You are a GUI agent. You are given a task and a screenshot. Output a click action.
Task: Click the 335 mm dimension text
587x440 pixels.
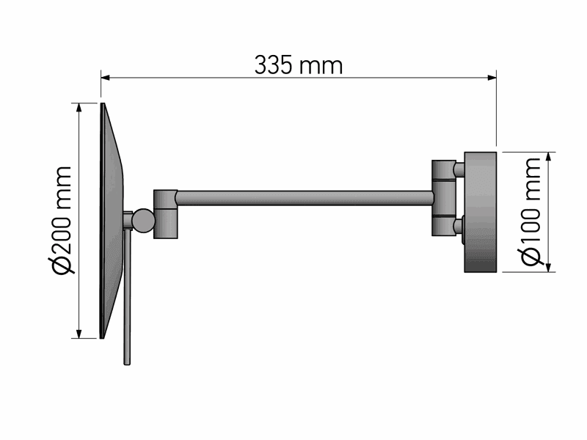299,65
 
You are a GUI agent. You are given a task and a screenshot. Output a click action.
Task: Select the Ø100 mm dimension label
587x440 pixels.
531,212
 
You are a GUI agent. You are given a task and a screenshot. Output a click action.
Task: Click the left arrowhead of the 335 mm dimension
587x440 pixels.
105,78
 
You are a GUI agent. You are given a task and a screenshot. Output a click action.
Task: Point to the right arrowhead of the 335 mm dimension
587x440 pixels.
492,78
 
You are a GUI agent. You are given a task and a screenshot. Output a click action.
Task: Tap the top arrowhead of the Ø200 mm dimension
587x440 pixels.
79,107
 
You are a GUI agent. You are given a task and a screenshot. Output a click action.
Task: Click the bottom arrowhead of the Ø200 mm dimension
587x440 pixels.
79,334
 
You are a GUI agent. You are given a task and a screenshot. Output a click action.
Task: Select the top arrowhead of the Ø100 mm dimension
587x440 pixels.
549,157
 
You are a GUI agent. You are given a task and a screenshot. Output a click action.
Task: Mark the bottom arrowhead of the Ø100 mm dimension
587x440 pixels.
549,267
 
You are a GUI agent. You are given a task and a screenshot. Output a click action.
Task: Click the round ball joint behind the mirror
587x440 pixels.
143,221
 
